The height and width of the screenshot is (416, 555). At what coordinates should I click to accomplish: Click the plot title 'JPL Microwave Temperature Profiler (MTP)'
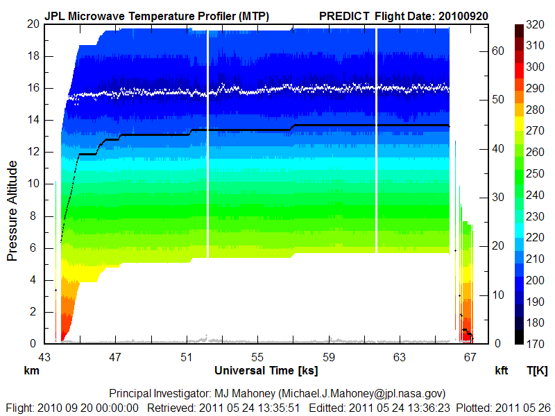pos(156,15)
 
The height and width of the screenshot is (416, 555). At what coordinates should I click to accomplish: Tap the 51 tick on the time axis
pos(186,357)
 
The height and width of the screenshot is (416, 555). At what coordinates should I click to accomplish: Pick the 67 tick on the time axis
pos(470,357)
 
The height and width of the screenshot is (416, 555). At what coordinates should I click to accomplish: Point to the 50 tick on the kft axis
pos(497,99)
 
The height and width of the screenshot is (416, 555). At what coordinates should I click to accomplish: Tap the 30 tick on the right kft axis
pos(497,197)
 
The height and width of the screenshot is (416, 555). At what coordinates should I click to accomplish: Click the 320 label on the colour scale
pos(534,24)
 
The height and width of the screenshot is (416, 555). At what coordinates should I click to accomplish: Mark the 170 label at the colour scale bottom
pos(534,343)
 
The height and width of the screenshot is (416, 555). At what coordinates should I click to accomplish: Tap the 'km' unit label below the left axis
pos(31,371)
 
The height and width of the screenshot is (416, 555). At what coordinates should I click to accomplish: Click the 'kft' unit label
pos(501,371)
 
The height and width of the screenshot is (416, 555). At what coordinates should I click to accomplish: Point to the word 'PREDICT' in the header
pos(344,15)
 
